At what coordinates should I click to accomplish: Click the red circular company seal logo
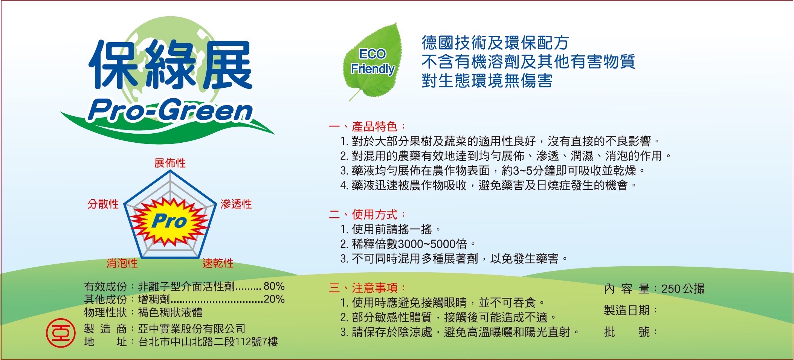click(60, 333)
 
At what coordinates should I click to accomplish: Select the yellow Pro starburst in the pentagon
click(170, 221)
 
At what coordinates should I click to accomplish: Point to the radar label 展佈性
click(170, 163)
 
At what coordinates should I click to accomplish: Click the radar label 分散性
click(103, 204)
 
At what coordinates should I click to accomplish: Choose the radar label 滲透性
click(236, 204)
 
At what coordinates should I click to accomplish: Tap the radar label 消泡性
click(122, 263)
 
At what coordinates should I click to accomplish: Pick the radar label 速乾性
click(218, 263)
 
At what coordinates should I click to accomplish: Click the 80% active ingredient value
click(274, 286)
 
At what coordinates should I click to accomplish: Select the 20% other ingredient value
click(274, 299)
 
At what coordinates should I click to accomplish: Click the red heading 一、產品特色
click(367, 126)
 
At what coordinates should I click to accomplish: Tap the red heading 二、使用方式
click(367, 214)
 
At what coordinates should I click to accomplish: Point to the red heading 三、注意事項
click(367, 288)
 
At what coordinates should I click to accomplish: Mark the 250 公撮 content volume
click(683, 289)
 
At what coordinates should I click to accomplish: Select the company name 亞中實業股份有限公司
click(192, 329)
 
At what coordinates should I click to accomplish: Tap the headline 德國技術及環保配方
click(495, 43)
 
